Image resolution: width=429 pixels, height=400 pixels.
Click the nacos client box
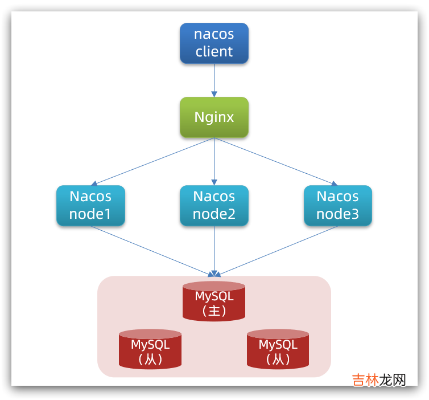point(214,43)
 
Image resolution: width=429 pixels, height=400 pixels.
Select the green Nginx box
point(214,117)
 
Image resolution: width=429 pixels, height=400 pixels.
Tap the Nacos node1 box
point(90,205)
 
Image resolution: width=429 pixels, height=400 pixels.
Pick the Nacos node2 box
point(214,205)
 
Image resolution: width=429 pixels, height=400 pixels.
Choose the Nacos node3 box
point(337,205)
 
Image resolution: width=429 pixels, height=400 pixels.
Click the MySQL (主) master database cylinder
point(214,302)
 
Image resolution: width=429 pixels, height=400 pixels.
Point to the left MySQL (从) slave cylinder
point(150,350)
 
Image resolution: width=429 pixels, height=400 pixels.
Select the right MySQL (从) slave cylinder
point(278,350)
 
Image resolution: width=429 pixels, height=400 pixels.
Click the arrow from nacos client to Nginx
point(214,80)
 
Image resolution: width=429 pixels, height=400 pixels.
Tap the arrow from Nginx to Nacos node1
point(152,161)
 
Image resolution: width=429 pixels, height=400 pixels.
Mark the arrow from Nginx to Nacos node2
point(214,161)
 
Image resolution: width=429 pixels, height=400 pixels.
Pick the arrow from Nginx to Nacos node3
point(276,161)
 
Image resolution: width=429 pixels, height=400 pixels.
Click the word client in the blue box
point(214,51)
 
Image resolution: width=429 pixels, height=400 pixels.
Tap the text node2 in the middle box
point(214,214)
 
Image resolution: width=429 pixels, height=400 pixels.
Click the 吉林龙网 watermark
point(379,380)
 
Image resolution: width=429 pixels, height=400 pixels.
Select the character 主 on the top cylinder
point(214,311)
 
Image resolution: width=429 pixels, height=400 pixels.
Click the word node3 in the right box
point(337,214)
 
